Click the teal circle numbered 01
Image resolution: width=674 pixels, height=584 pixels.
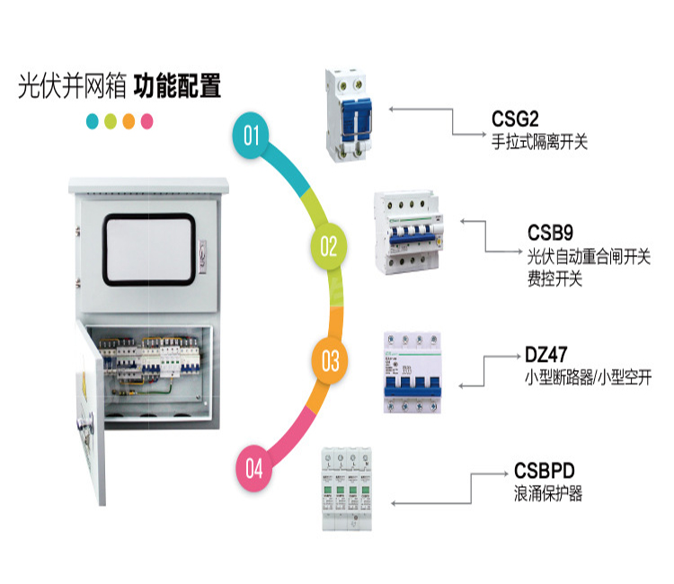coord(253,137)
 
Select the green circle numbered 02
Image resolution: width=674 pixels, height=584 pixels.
coord(329,245)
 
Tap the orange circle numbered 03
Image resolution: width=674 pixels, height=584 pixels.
coord(331,361)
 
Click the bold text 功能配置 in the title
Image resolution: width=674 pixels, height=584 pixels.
coord(178,87)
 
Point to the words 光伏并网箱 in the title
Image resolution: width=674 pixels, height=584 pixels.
coord(71,87)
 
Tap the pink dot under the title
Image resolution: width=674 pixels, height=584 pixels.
coord(147,120)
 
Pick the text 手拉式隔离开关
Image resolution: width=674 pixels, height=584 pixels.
coord(539,142)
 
